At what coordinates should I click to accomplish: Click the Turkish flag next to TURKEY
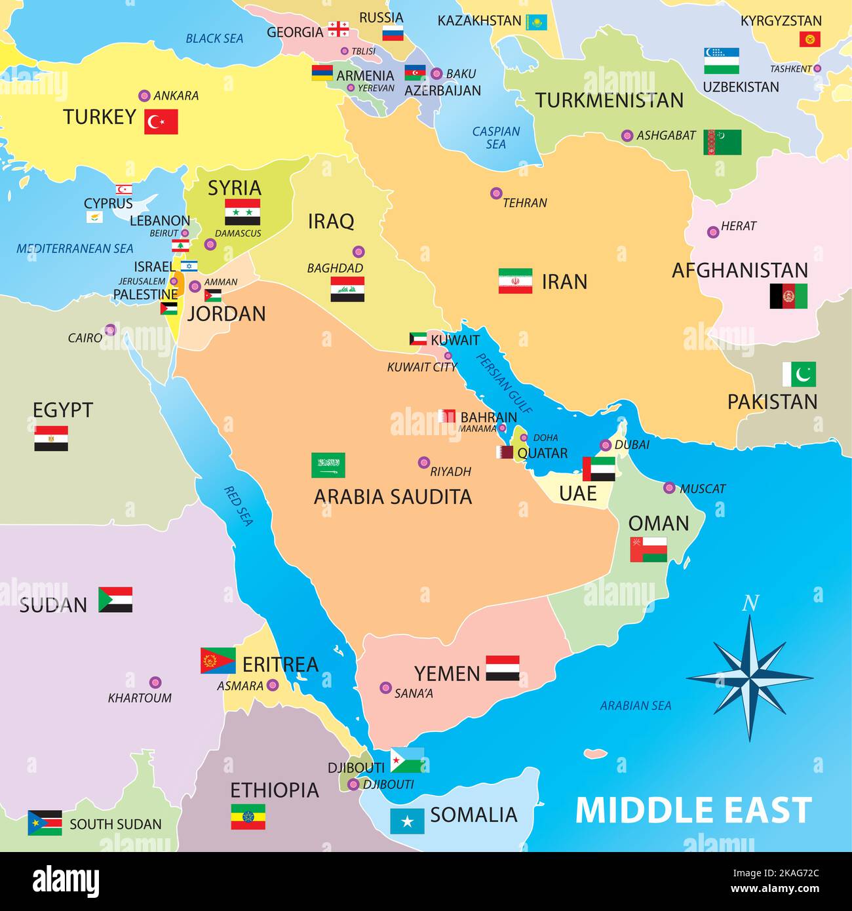coord(161,122)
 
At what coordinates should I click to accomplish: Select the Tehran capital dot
coord(496,193)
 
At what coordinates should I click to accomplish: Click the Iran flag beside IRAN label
coord(515,281)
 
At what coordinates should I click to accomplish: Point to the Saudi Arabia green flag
coord(328,465)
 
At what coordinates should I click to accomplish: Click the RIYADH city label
coord(450,471)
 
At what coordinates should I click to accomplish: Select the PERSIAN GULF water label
coord(504,383)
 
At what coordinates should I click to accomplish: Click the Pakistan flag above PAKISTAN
coord(799,374)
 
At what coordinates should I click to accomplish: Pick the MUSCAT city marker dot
coord(669,488)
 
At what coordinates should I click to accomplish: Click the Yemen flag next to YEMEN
coord(503,668)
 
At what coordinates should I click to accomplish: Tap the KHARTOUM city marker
coord(155,682)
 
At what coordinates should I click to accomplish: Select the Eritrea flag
coord(218,661)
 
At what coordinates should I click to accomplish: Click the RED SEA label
coord(239,505)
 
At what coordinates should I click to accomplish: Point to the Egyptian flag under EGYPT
coord(51,438)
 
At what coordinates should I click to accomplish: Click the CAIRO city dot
coord(110,330)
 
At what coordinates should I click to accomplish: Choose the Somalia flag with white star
coord(407,821)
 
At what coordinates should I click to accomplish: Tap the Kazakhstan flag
coord(537,22)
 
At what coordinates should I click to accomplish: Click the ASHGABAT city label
coord(666,136)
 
